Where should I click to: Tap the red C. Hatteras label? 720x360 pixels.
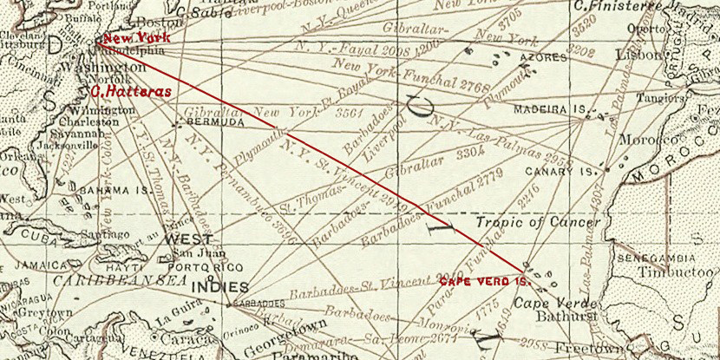click(x=131, y=89)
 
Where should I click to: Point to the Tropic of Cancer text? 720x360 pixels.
click(x=538, y=223)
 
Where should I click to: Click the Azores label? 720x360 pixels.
click(x=537, y=59)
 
